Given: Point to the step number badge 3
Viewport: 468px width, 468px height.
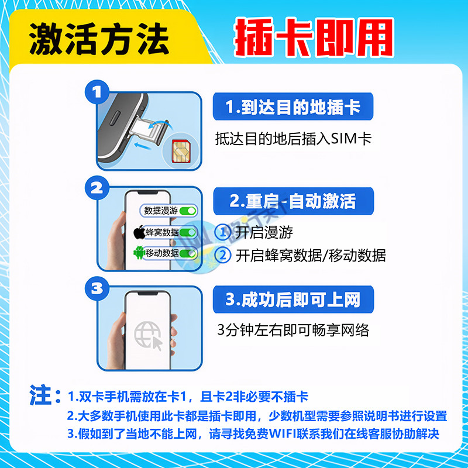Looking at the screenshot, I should click(97, 287).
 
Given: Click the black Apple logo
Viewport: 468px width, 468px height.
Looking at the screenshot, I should click(139, 232).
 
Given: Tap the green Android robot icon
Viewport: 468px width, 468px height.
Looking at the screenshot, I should click(139, 253).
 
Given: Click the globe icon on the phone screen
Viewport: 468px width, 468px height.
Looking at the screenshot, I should click(147, 335).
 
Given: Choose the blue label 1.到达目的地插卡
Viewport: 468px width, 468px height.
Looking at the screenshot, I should click(293, 108).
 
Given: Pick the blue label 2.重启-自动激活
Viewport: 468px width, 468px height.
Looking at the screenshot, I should click(293, 202).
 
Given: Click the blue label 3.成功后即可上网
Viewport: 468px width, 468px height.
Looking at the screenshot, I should click(293, 301).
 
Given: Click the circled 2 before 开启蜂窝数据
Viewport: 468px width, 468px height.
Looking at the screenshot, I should click(223, 256).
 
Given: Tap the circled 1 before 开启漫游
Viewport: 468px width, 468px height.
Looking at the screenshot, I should click(223, 232).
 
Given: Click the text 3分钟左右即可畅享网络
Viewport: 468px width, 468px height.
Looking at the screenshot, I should click(293, 330).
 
